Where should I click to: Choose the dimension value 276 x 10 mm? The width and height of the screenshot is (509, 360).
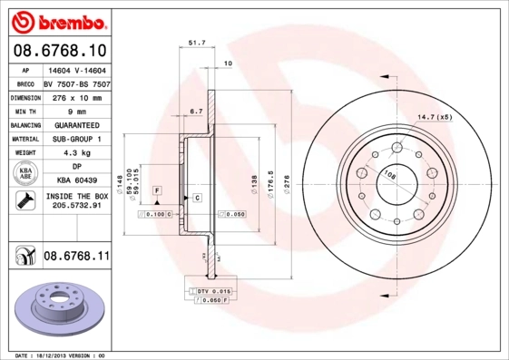point(75,95)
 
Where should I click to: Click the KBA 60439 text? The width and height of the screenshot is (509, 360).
point(75,181)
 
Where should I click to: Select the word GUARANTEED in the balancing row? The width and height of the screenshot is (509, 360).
point(75,124)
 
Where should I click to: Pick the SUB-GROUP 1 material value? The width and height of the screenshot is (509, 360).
point(75,139)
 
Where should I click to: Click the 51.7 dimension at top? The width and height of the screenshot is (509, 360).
point(195,44)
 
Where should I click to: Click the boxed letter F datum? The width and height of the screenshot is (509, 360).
point(156,190)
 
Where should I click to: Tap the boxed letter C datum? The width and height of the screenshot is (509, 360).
point(196,197)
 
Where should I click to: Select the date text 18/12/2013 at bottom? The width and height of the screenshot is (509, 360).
point(58,355)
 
